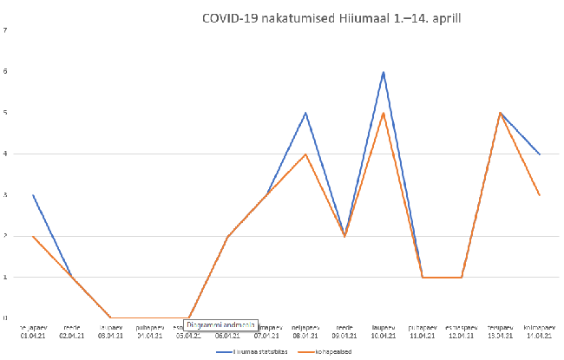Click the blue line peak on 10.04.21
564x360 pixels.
click(x=383, y=72)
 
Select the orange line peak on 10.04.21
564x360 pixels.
click(x=383, y=113)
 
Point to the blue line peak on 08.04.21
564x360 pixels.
click(x=305, y=113)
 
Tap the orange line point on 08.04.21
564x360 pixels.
click(x=305, y=154)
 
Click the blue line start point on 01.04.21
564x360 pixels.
click(x=33, y=195)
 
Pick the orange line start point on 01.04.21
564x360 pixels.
click(x=33, y=236)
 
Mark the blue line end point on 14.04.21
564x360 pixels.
click(x=540, y=154)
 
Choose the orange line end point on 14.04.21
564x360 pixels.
click(x=540, y=195)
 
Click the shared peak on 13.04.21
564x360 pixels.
click(x=501, y=113)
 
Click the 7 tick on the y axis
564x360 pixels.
click(x=6, y=31)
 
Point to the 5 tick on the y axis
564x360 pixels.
click(x=6, y=113)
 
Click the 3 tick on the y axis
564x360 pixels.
click(x=6, y=195)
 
